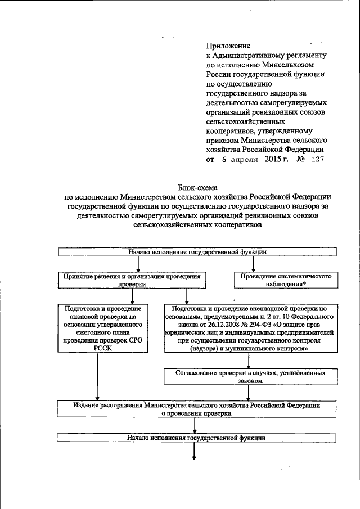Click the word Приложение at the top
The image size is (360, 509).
tap(228, 46)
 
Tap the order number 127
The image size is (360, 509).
tap(318, 159)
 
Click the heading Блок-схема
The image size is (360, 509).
tap(197, 187)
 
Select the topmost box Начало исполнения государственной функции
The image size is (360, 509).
tap(196, 253)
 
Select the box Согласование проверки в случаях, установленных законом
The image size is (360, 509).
tap(253, 376)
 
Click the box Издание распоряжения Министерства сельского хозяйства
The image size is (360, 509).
tap(196, 408)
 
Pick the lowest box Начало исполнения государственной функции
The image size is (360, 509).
tap(196, 436)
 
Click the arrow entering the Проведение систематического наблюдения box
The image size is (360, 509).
tap(254, 264)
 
